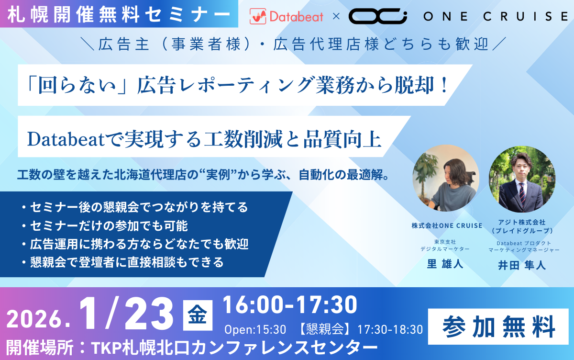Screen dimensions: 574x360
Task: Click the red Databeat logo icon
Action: click(x=258, y=16)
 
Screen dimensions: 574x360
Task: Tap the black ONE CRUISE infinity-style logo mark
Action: click(x=378, y=16)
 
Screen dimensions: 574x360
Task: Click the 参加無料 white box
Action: click(x=498, y=326)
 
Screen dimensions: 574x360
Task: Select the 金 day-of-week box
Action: click(x=198, y=315)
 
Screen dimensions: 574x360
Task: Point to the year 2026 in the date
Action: click(x=35, y=319)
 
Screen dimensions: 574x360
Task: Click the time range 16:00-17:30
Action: click(x=290, y=304)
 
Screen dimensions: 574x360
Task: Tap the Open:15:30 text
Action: click(x=255, y=329)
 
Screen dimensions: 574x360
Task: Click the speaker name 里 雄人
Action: click(x=445, y=264)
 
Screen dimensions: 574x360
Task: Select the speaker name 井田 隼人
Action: click(x=522, y=265)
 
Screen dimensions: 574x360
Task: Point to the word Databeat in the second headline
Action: click(x=66, y=139)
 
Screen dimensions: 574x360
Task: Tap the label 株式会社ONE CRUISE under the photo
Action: click(x=447, y=225)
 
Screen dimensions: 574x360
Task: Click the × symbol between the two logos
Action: click(x=336, y=17)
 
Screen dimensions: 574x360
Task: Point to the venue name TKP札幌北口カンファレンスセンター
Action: click(x=234, y=348)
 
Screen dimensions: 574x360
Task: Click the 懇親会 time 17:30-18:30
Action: click(x=390, y=329)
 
